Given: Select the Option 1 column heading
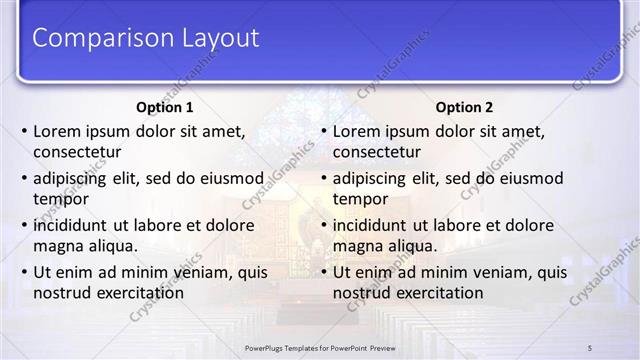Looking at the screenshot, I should (x=165, y=107).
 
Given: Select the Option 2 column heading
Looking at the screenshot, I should (x=464, y=107).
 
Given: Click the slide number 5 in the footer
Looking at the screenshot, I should (x=590, y=347).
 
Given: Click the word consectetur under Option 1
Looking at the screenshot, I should (x=77, y=152).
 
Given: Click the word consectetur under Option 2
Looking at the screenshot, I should (x=377, y=152).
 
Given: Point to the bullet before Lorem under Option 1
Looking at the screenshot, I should (x=24, y=132).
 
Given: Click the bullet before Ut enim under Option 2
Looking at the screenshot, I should (x=324, y=272).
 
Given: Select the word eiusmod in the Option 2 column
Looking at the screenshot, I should (x=530, y=179).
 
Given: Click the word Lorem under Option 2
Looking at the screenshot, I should (x=358, y=132).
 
